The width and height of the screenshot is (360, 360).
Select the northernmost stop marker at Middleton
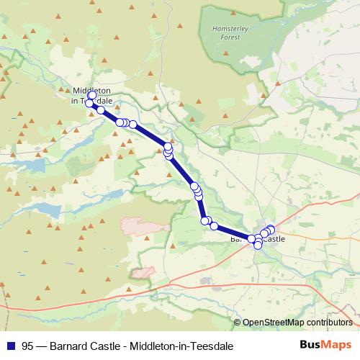(91, 95)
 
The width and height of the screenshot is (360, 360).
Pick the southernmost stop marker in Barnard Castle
(258, 246)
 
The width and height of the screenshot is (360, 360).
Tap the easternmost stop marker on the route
(271, 230)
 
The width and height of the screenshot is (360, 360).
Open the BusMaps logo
(325, 345)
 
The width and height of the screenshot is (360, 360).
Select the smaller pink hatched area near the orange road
(142, 274)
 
